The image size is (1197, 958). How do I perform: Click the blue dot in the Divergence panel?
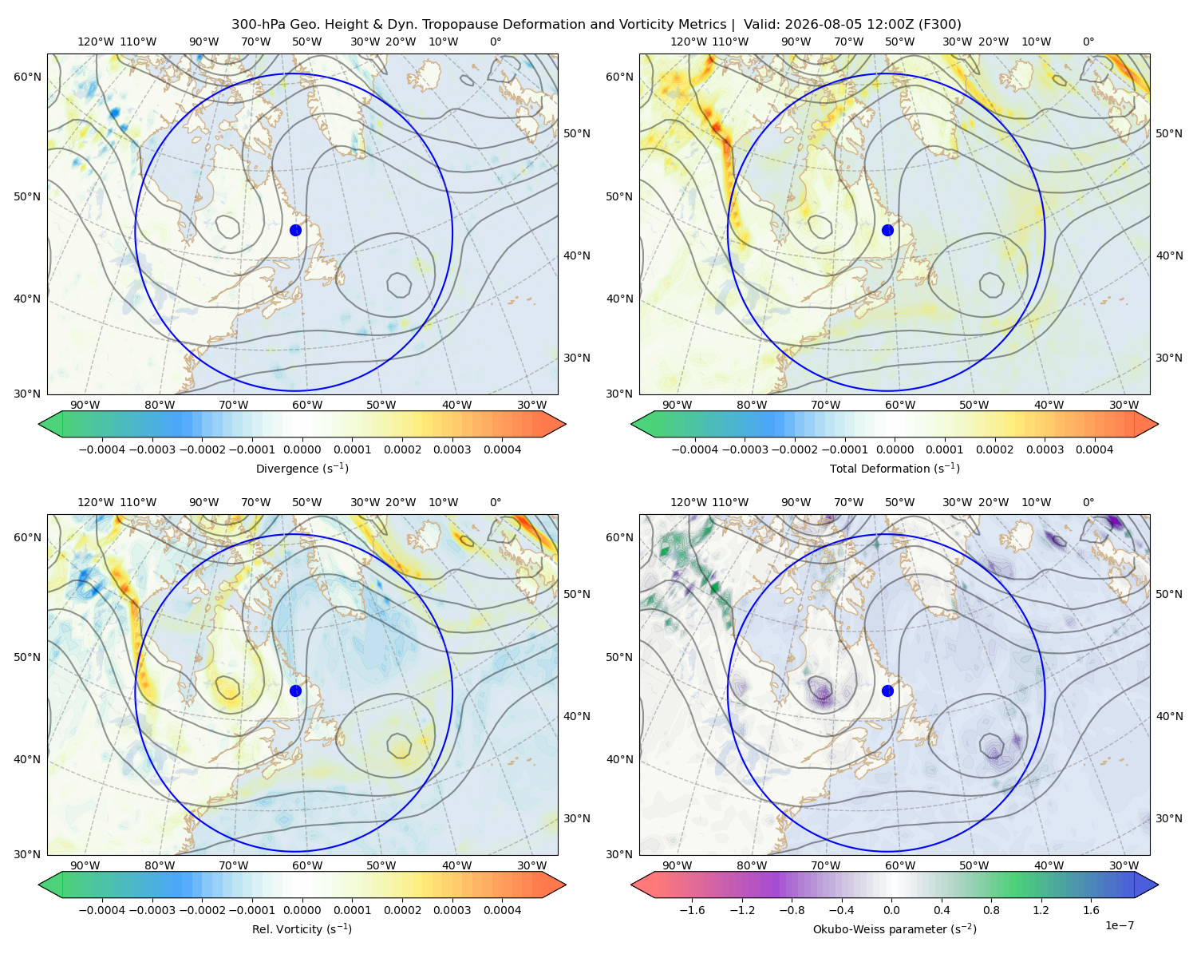(x=295, y=230)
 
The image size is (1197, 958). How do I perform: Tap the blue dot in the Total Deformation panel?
(x=887, y=230)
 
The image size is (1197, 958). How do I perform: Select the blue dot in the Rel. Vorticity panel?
(x=295, y=691)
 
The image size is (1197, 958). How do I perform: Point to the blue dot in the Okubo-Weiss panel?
(x=887, y=691)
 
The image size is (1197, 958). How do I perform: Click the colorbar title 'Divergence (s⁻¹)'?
(x=302, y=468)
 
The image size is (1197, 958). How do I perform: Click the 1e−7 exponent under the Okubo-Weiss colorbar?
(x=1119, y=925)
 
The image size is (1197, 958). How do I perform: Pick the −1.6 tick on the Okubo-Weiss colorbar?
(x=692, y=909)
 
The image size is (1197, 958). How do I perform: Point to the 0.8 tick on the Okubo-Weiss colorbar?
(x=991, y=909)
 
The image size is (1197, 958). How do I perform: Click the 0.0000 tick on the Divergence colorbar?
(x=302, y=449)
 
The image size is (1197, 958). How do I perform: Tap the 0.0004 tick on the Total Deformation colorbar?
(x=1094, y=449)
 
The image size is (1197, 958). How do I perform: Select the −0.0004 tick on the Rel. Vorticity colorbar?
(x=102, y=909)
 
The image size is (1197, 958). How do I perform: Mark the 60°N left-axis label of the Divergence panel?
(x=27, y=77)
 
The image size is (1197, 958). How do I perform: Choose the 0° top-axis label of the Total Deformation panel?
(x=1088, y=42)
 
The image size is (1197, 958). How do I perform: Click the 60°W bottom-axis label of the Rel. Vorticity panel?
(x=307, y=865)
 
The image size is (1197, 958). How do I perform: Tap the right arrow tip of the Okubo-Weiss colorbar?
(x=1158, y=885)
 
